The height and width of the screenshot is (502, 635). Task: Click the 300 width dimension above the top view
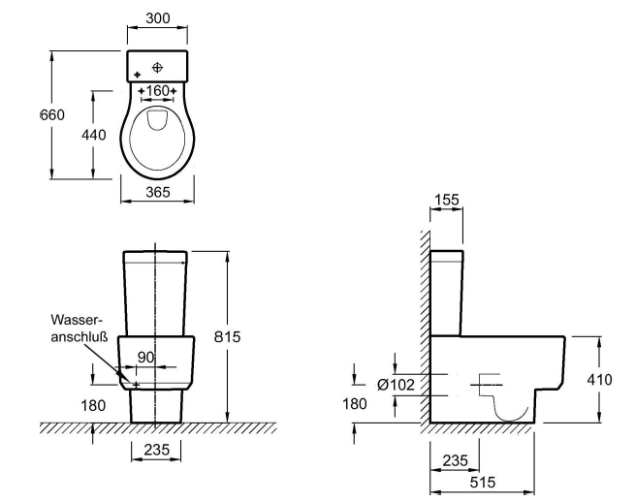pos(156,18)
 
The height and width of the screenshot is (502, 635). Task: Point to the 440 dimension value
pos(93,135)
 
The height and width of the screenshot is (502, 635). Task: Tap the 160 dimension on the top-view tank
pos(156,90)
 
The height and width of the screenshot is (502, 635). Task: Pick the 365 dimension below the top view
pos(156,193)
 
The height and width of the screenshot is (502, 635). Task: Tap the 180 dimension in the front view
pos(93,405)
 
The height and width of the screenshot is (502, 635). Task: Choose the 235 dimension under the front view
pos(155,449)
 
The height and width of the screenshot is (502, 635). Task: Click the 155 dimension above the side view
pos(446,199)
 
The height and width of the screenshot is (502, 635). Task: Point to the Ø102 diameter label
pos(397,385)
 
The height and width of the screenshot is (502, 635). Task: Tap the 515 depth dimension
pos(482,481)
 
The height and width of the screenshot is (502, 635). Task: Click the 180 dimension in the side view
pos(355,403)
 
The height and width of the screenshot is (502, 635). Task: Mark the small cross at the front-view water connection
pos(136,385)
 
